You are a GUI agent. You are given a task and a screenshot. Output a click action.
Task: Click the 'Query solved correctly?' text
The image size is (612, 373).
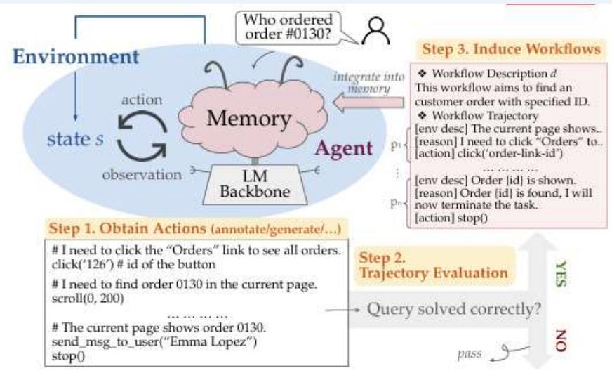pyautogui.click(x=453, y=308)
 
